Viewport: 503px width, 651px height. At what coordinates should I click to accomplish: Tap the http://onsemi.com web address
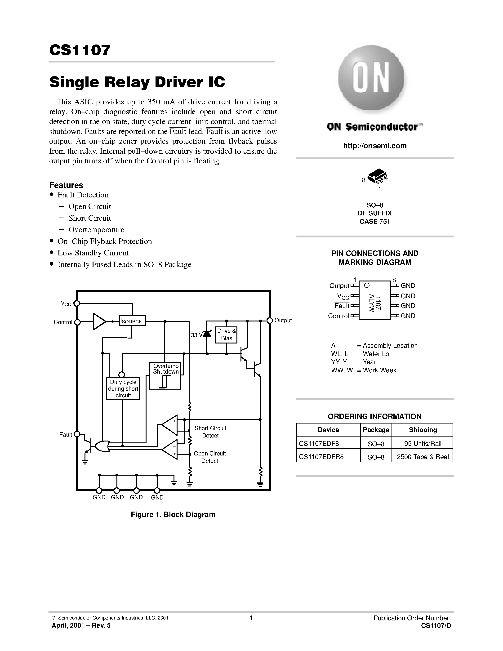[x=374, y=146]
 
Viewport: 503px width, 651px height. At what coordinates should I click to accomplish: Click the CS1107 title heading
[x=80, y=50]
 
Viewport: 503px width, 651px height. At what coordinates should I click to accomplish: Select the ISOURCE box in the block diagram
[x=132, y=321]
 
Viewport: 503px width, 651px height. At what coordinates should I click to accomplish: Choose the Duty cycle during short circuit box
[x=123, y=389]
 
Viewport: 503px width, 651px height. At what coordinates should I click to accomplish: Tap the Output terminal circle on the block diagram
[x=270, y=321]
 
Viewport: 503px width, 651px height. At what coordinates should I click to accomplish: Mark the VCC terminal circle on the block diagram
[x=77, y=303]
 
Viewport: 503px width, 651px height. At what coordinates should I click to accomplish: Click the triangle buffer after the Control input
[x=99, y=322]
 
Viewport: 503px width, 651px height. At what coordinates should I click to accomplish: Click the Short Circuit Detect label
[x=210, y=432]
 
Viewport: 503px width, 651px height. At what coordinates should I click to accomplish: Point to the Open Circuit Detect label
[x=209, y=457]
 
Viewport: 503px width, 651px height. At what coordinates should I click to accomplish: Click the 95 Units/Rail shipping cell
[x=422, y=443]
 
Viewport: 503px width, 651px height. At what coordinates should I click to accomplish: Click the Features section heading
[x=66, y=185]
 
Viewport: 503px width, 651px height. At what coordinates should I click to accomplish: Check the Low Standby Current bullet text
[x=93, y=253]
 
